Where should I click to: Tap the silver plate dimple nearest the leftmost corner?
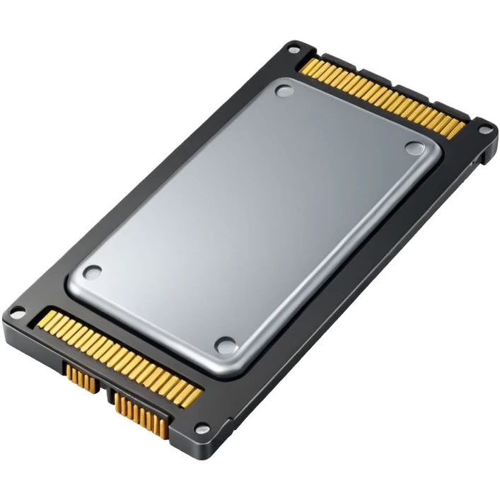(92, 272)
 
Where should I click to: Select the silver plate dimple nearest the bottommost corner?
(226, 345)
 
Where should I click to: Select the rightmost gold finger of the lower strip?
(199, 393)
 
